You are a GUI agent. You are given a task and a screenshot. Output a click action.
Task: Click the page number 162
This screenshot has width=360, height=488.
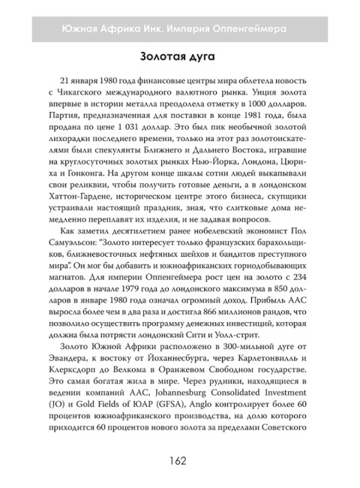180,459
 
